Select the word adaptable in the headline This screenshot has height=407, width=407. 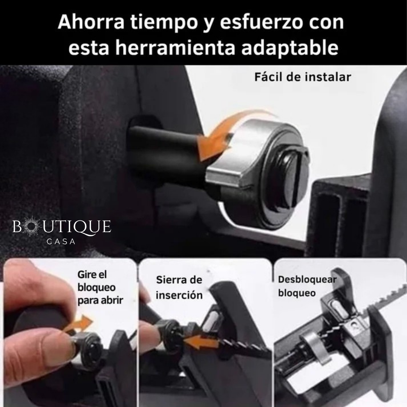[x=290, y=48]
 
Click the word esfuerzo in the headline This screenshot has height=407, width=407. [x=261, y=22]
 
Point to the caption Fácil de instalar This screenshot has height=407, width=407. [x=303, y=77]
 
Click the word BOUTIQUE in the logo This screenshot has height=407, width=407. [x=62, y=226]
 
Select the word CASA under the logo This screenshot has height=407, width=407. [x=61, y=242]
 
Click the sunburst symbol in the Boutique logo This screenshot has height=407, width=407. [x=31, y=226]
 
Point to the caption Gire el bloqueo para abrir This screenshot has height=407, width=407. [x=100, y=287]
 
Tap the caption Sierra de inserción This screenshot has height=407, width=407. [x=179, y=287]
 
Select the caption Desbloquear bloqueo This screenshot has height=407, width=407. [x=307, y=286]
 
